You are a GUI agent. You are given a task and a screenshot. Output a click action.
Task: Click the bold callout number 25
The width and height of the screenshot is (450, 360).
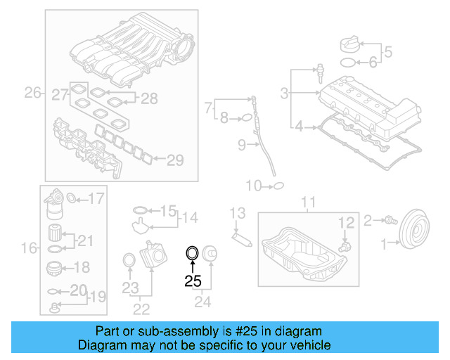[x=193, y=281]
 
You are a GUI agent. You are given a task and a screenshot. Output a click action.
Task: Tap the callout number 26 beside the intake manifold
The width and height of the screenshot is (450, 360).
[x=32, y=92]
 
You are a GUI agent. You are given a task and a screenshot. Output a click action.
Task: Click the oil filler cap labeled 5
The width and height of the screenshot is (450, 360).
[x=350, y=44]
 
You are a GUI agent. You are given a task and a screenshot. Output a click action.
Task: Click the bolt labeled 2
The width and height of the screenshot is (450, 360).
[x=387, y=221]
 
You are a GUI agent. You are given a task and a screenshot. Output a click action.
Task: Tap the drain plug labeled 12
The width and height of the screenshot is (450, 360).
[x=344, y=247]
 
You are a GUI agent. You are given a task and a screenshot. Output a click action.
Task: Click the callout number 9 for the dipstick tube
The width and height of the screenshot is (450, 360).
[x=240, y=146]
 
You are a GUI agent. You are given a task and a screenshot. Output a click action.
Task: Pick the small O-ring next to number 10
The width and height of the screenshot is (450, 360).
[x=278, y=186]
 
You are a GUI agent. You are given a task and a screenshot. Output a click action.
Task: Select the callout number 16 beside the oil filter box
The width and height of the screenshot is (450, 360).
[x=29, y=247]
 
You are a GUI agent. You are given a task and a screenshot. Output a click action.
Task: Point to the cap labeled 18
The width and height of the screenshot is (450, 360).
[x=56, y=268]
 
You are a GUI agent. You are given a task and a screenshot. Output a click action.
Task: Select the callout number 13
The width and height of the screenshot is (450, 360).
[x=237, y=213]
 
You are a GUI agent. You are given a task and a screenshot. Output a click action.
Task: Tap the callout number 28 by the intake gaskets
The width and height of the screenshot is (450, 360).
[x=149, y=98]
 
